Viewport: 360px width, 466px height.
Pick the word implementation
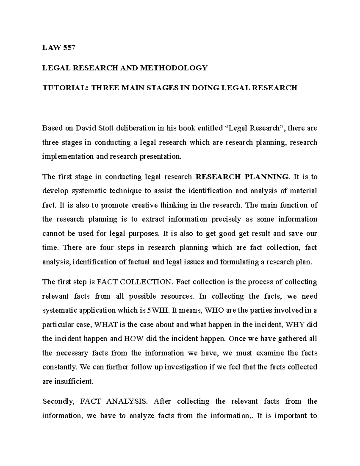coord(68,156)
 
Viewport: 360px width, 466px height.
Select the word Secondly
coord(57,401)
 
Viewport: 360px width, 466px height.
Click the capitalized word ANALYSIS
coord(127,401)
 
